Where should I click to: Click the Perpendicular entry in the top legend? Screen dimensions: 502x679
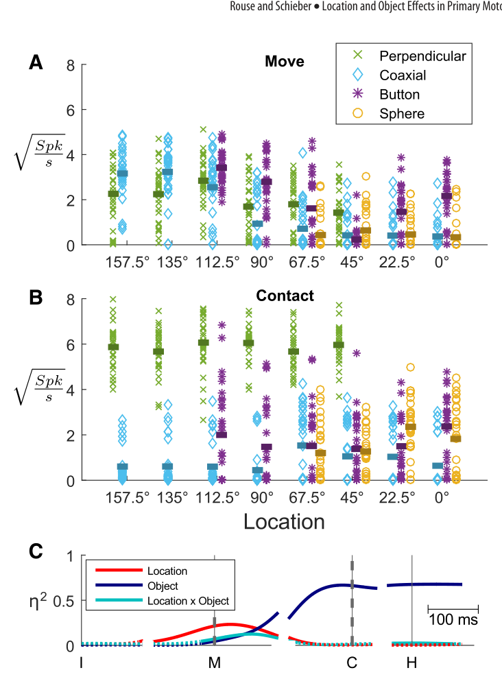pyautogui.click(x=422, y=56)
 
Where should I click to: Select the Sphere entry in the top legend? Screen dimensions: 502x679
pyautogui.click(x=402, y=113)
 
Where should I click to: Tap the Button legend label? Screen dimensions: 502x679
pyautogui.click(x=399, y=95)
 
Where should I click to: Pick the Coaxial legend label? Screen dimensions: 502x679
pyautogui.click(x=403, y=75)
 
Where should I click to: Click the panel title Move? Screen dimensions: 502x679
pyautogui.click(x=285, y=61)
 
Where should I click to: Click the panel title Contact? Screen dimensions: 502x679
pyautogui.click(x=285, y=296)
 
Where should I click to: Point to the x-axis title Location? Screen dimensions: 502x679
pyautogui.click(x=284, y=521)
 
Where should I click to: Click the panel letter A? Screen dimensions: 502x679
pyautogui.click(x=36, y=62)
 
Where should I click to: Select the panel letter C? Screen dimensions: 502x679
pyautogui.click(x=36, y=551)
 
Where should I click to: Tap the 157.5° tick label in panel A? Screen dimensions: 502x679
pyautogui.click(x=128, y=262)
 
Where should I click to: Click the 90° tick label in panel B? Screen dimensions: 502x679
pyautogui.click(x=262, y=497)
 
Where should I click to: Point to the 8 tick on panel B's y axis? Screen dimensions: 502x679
pyautogui.click(x=71, y=299)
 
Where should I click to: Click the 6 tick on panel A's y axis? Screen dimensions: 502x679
pyautogui.click(x=71, y=110)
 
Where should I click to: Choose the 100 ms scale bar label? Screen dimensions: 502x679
pyautogui.click(x=453, y=620)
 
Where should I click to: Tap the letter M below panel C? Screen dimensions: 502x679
pyautogui.click(x=215, y=663)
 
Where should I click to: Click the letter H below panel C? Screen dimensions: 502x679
pyautogui.click(x=411, y=663)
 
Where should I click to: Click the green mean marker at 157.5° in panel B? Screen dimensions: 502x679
pyautogui.click(x=113, y=347)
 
